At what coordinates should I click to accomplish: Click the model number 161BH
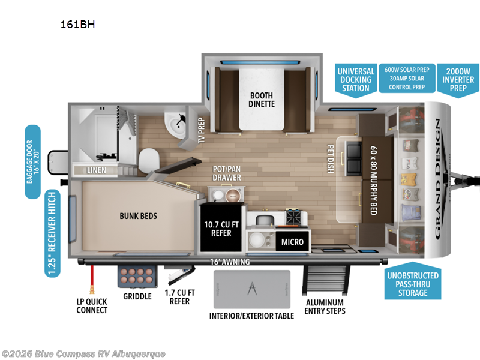77,25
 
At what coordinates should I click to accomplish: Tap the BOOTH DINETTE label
261,99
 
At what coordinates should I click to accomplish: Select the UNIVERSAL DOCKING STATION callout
355,79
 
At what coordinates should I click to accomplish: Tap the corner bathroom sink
177,124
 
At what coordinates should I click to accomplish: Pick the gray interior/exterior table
252,289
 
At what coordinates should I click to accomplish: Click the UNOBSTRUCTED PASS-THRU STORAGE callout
413,284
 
